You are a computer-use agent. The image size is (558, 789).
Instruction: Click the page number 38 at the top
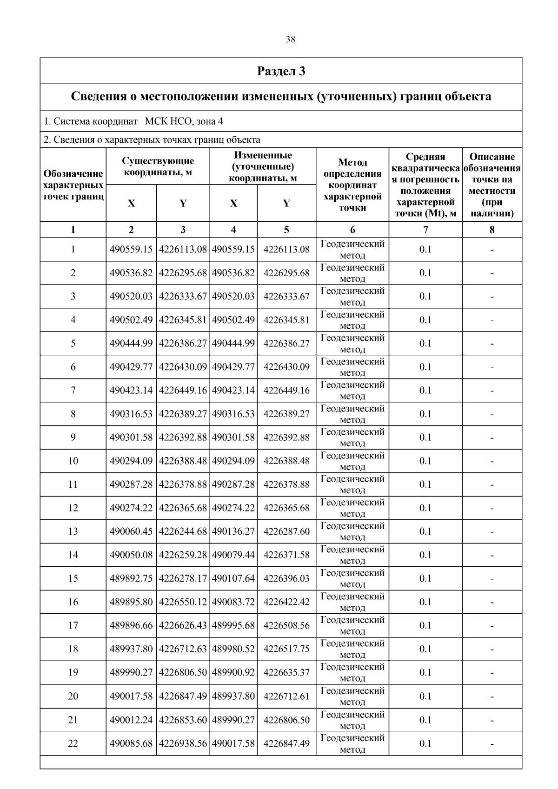click(290, 40)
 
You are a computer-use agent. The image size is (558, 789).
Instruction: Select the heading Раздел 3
click(281, 71)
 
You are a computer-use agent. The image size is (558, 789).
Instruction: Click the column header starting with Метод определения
click(352, 185)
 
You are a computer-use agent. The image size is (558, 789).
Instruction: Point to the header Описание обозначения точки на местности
click(492, 185)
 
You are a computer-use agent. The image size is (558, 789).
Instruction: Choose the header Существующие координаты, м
click(158, 166)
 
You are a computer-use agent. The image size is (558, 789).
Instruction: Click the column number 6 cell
click(352, 230)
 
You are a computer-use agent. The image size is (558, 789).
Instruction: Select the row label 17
click(73, 625)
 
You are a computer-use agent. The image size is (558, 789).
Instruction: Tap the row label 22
click(73, 743)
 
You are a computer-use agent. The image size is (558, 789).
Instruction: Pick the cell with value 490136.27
click(233, 531)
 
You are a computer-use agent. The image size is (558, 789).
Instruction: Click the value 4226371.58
click(286, 555)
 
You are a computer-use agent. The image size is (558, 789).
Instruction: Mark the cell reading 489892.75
click(131, 578)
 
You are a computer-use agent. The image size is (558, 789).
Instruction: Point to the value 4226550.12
click(183, 602)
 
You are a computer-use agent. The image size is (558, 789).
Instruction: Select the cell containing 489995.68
click(233, 625)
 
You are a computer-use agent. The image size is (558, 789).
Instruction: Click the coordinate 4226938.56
click(183, 743)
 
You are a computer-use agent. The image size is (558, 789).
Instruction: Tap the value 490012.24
click(131, 720)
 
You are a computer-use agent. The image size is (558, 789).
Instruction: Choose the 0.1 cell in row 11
click(425, 484)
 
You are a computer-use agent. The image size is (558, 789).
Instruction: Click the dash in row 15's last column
click(492, 579)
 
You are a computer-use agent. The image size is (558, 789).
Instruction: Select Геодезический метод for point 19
click(352, 672)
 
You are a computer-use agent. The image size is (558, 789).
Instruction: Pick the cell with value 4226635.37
click(286, 672)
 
